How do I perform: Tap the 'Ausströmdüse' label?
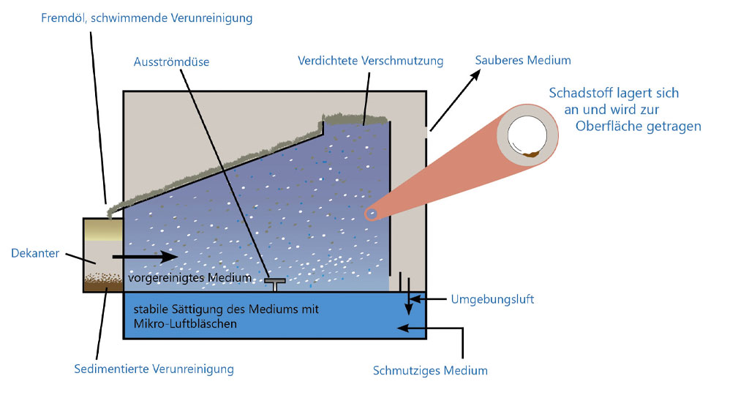tap(171, 62)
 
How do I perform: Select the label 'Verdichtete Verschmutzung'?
tap(371, 61)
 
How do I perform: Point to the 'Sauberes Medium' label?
tap(523, 60)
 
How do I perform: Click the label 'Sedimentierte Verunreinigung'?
tap(154, 369)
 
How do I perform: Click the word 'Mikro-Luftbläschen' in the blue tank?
tap(185, 323)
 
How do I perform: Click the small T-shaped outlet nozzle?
tap(276, 282)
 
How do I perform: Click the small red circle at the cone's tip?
tap(372, 214)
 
